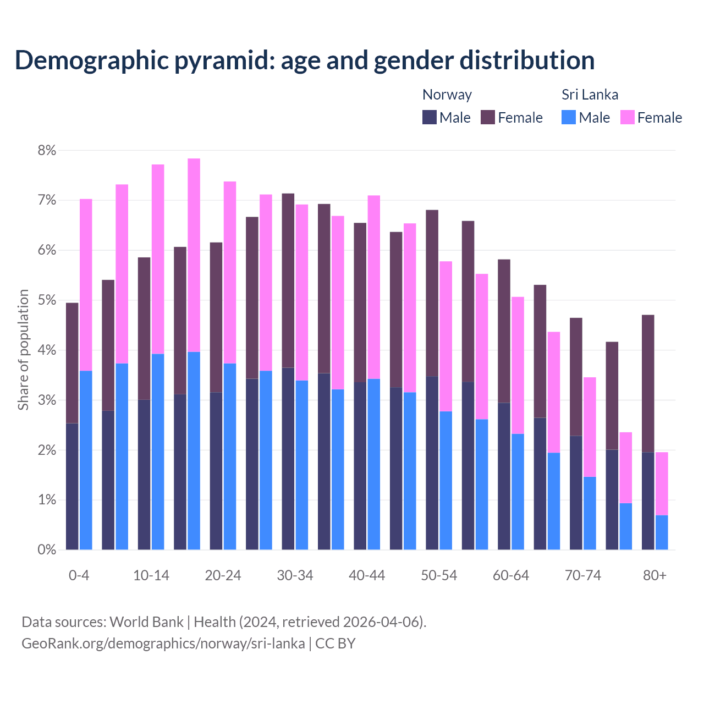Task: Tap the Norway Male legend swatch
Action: click(430, 117)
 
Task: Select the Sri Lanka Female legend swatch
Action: click(627, 117)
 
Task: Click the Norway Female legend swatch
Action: click(488, 117)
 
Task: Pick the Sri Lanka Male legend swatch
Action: click(569, 117)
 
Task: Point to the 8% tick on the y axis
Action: click(47, 150)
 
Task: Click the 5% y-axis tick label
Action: click(47, 300)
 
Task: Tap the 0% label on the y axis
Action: click(47, 549)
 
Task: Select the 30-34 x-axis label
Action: click(295, 575)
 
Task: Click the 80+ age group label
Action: click(654, 575)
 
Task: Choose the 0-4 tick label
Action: click(79, 575)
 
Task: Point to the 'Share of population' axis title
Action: click(24, 350)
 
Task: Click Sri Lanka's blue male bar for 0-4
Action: click(86, 460)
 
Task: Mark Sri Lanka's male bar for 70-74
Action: click(590, 513)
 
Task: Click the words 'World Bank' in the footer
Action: click(146, 622)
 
